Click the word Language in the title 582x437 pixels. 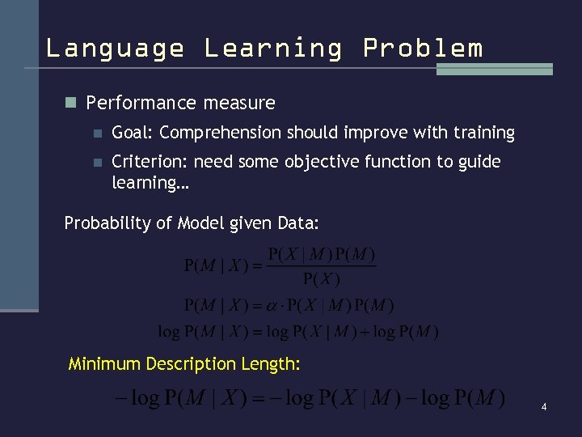115,49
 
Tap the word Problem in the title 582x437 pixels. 423,49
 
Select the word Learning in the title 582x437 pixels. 273,49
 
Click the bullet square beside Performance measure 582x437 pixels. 70,104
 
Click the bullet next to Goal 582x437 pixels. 97,133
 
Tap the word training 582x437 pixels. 483,133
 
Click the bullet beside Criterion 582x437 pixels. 97,162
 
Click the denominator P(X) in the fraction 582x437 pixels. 322,280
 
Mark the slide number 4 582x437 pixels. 544,407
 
